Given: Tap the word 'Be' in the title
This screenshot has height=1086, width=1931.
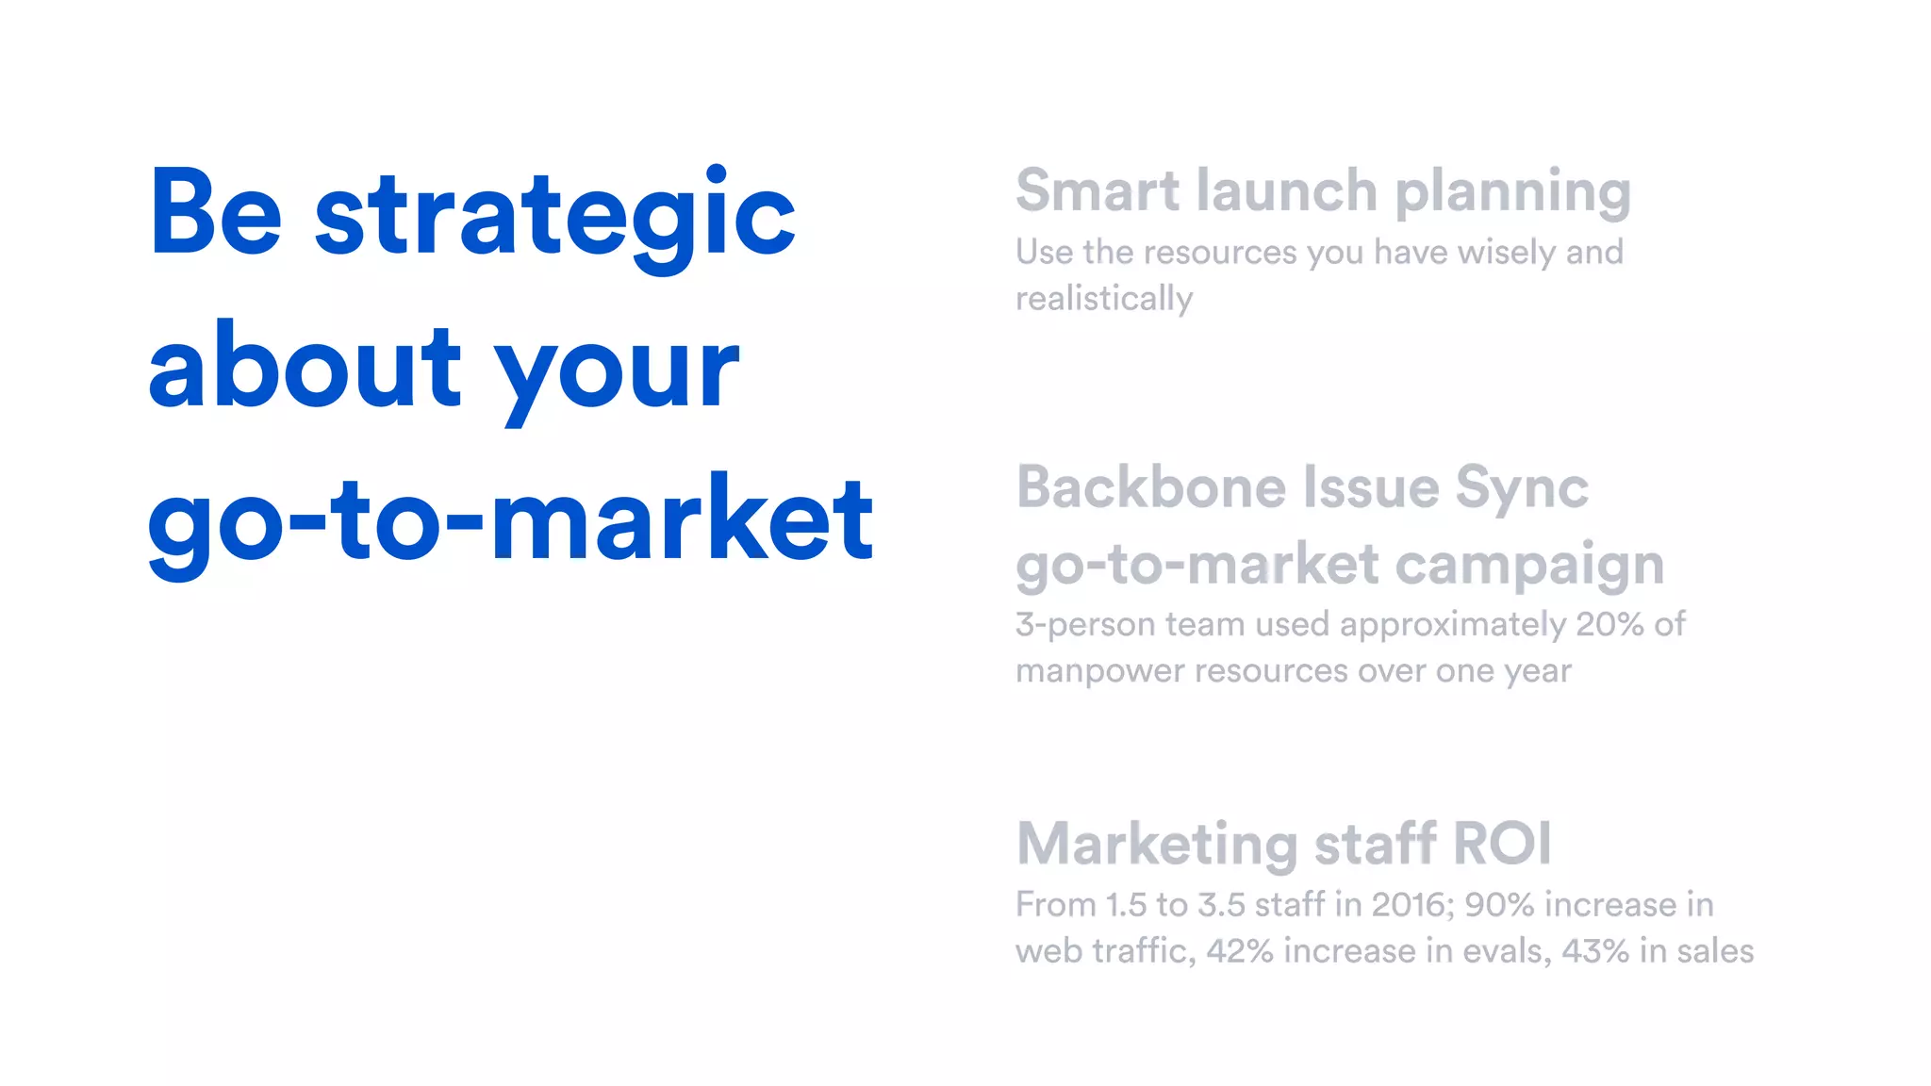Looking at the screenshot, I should [216, 213].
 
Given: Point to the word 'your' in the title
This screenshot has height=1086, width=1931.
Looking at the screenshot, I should [618, 373].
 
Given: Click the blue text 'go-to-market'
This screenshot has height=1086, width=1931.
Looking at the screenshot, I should [510, 520].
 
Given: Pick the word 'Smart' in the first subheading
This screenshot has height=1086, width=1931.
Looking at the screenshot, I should [1097, 190].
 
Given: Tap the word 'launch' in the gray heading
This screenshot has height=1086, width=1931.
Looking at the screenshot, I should [1286, 190].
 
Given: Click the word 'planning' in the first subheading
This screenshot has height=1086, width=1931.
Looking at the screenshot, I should [1512, 194].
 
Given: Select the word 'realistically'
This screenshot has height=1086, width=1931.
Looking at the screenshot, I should [1104, 299].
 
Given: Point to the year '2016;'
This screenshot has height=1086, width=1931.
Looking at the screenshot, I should [1413, 905].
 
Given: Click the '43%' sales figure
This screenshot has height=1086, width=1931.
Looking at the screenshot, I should [1595, 951].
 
